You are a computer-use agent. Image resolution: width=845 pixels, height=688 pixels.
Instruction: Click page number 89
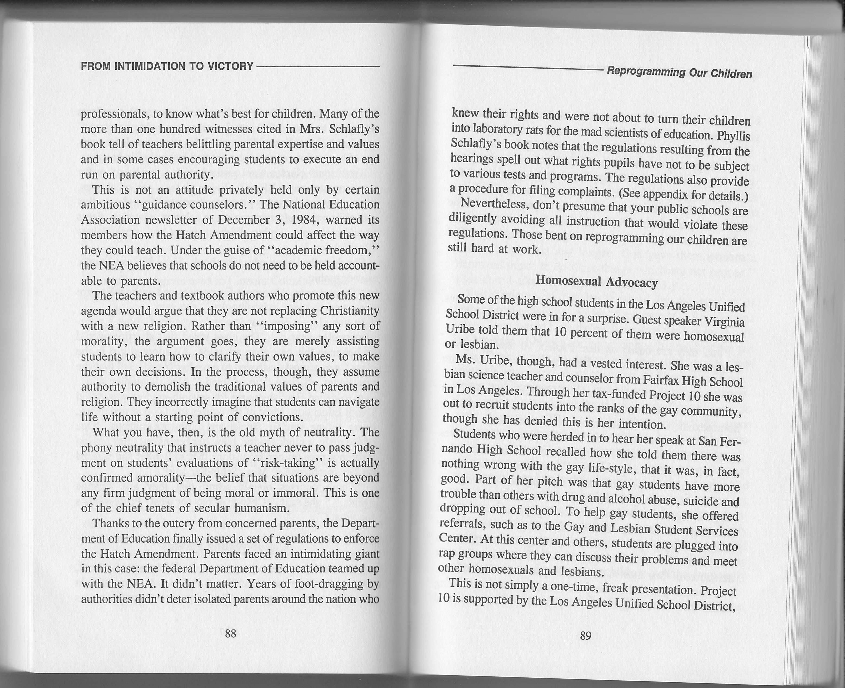585,636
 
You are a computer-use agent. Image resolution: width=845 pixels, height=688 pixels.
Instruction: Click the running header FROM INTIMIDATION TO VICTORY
167,66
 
